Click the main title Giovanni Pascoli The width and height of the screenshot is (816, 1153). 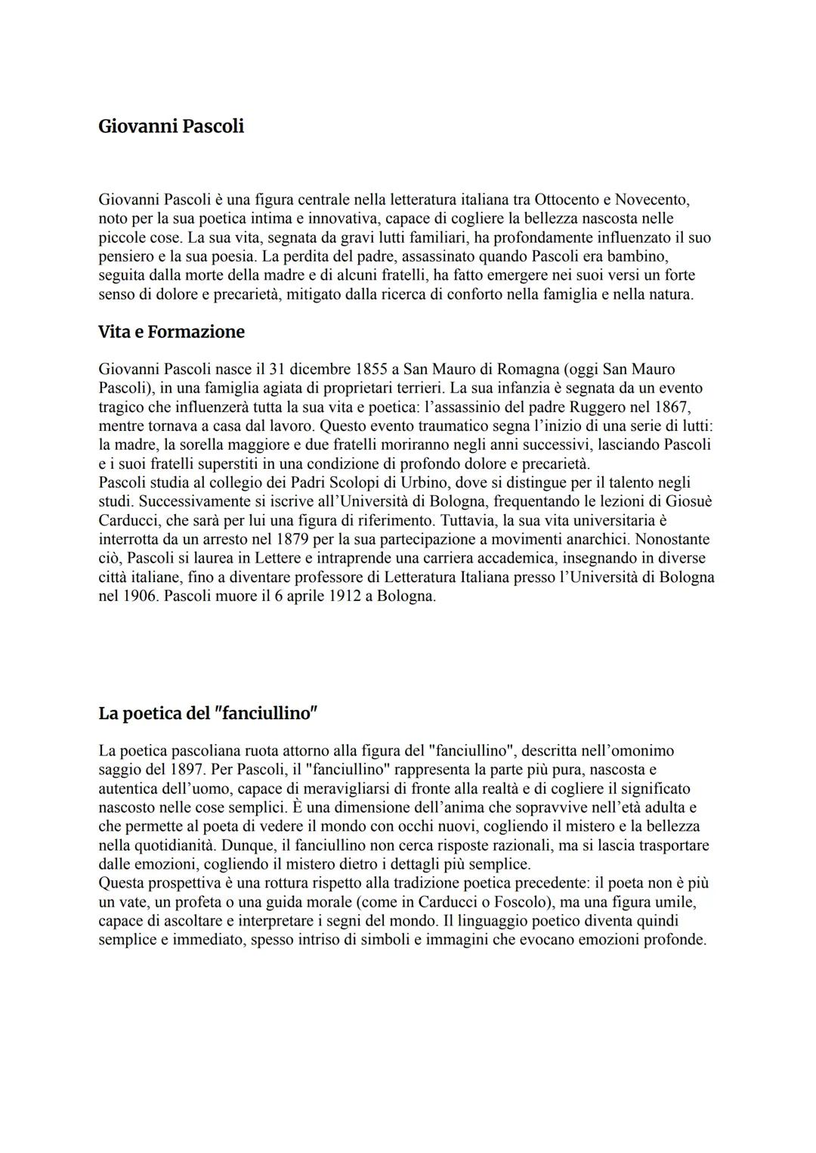(x=171, y=126)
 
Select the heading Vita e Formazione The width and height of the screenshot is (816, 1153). (x=171, y=332)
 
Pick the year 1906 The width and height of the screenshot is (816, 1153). (x=137, y=597)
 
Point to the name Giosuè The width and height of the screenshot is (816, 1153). (x=687, y=502)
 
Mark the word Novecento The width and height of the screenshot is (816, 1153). (x=651, y=200)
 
